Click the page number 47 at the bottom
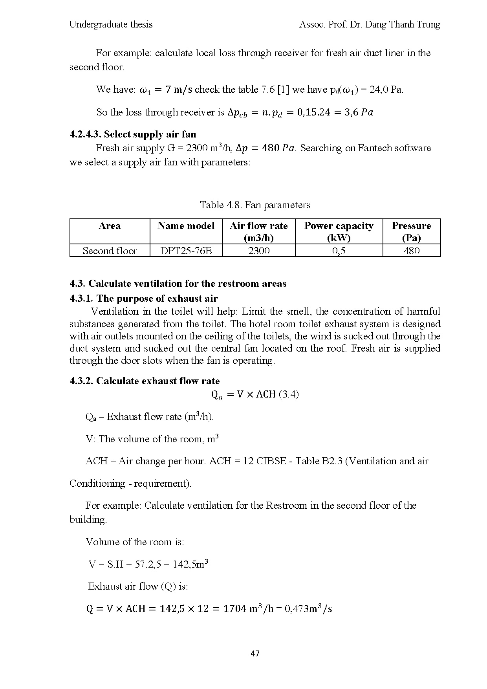255,654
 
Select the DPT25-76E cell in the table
186,251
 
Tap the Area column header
110,226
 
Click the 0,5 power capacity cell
339,251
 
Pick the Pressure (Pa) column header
411,231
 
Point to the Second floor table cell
110,251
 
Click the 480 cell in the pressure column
411,251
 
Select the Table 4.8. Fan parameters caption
255,205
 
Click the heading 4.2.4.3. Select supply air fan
133,134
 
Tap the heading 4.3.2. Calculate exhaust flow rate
145,381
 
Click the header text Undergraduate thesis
111,24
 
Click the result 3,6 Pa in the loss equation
361,112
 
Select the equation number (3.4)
289,394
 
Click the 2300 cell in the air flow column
259,251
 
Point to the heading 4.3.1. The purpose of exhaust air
143,298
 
